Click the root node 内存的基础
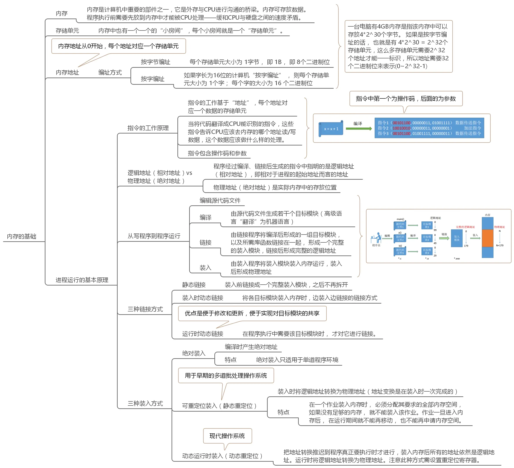click(x=22, y=237)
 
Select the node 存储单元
click(x=67, y=31)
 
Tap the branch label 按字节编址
click(x=155, y=62)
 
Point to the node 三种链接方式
click(x=145, y=309)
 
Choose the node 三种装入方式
click(x=145, y=403)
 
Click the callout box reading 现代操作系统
click(x=227, y=436)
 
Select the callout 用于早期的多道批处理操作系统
click(x=226, y=375)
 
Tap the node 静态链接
click(x=194, y=285)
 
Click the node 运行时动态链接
click(x=203, y=334)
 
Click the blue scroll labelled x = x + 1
click(x=331, y=129)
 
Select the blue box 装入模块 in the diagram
click(x=457, y=238)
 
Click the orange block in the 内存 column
click(x=487, y=238)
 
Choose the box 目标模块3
click(x=427, y=251)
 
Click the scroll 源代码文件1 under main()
click(x=400, y=225)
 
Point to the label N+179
click(x=500, y=245)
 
